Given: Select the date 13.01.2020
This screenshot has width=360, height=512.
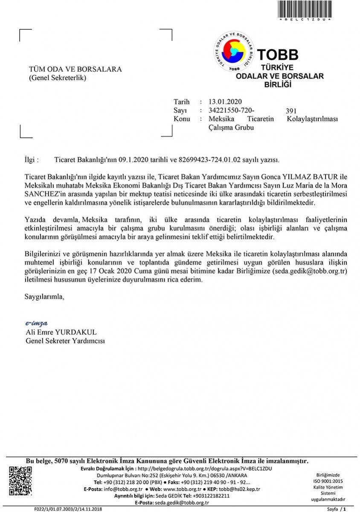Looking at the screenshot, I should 225,102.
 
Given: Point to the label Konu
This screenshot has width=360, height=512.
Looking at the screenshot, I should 182,119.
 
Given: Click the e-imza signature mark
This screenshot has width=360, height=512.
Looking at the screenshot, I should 36,323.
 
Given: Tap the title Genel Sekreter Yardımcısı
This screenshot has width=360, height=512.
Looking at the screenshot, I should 65,341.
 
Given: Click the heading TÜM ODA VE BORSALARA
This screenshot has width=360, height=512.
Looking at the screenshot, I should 75,70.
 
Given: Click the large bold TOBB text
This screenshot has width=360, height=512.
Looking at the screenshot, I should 278,55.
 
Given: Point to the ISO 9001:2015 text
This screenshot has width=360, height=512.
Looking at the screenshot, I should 328,481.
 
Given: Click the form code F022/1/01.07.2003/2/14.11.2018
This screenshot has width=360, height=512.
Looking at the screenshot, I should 68,509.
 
